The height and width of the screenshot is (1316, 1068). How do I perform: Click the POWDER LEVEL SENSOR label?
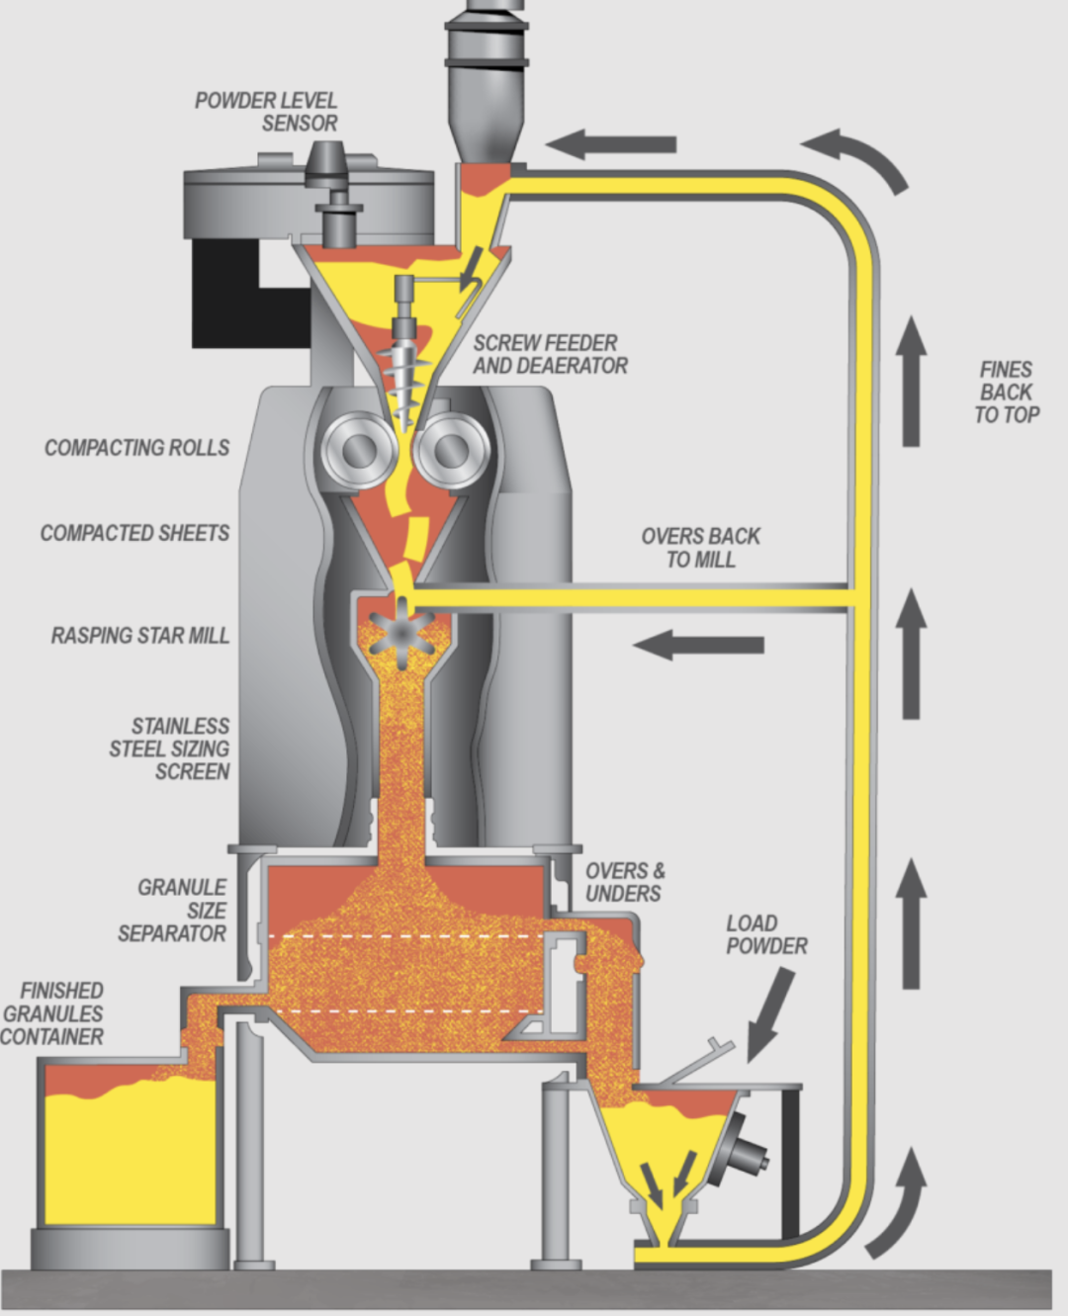coord(266,112)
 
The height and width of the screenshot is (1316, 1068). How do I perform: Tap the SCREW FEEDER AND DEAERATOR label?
coord(550,354)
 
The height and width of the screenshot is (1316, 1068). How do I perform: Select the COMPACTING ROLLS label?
coord(136,448)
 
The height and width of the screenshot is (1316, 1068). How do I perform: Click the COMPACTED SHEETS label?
coord(134,533)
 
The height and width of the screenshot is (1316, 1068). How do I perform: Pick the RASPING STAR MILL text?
coord(139,635)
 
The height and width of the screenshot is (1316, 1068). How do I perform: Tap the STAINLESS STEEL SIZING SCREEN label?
coord(170,748)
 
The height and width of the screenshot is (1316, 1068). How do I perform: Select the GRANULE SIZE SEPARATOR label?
coord(173,910)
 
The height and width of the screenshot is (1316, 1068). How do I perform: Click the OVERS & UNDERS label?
coord(625,882)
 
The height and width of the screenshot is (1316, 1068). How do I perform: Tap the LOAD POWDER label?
coord(766,934)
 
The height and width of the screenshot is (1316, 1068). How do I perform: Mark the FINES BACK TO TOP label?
coord(1007,393)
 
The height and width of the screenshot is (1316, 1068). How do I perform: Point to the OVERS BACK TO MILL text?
coord(700,548)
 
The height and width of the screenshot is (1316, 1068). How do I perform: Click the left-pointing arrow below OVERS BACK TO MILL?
coord(698,646)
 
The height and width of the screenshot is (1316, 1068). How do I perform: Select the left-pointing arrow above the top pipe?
coord(610,144)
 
